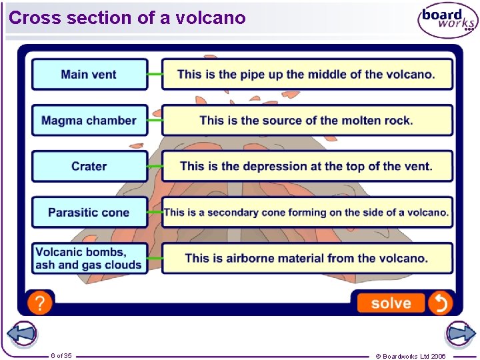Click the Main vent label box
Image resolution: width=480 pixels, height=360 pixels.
(x=89, y=74)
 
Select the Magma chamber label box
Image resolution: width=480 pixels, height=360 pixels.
(x=89, y=121)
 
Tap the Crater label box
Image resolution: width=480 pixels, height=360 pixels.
(x=89, y=166)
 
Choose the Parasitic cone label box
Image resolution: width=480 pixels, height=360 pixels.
(x=89, y=212)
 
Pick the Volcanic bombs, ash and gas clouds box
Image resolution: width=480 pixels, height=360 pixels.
(x=89, y=258)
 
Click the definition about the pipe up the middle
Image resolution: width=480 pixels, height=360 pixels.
(x=307, y=74)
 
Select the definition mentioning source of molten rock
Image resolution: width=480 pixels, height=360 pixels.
(x=307, y=121)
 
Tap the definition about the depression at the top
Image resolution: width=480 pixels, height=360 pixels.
(x=307, y=166)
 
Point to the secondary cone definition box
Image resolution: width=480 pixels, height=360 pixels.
(x=307, y=212)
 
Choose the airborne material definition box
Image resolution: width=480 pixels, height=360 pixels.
(x=307, y=258)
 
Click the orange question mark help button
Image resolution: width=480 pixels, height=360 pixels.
(x=40, y=303)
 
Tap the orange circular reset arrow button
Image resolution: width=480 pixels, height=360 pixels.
(x=440, y=303)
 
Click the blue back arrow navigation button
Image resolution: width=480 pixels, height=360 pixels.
(x=21, y=333)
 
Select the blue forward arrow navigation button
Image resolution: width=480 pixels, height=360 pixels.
(x=459, y=333)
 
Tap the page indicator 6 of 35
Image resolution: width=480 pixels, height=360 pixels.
(x=61, y=355)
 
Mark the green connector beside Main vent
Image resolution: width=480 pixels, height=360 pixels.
(x=155, y=74)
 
